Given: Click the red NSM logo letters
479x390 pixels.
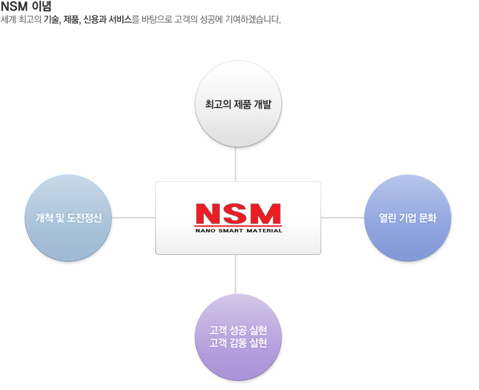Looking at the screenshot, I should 238,214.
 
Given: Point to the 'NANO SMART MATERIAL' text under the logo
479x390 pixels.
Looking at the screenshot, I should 238,231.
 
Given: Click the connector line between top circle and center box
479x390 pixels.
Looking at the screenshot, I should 236,164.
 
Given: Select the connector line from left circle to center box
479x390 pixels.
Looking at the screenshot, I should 133,217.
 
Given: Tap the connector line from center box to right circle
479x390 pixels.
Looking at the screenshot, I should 343,217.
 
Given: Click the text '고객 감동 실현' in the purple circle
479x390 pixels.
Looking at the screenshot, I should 238,343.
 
